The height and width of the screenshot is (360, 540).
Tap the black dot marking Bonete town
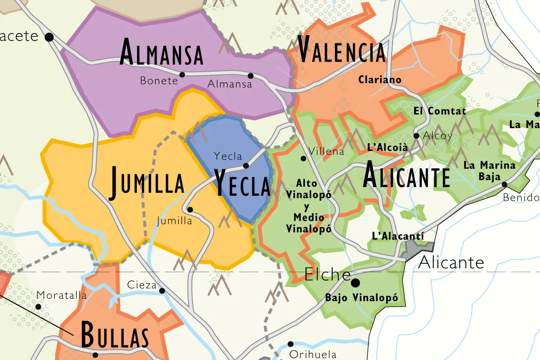(182, 74)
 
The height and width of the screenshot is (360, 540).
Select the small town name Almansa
(230, 84)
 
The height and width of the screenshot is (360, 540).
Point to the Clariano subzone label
(380, 80)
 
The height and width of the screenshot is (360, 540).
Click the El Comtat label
(440, 111)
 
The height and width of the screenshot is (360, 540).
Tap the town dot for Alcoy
(416, 136)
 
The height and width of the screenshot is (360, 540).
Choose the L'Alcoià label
(387, 147)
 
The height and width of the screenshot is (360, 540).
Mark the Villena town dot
(303, 158)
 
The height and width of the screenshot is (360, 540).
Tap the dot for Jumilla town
(190, 209)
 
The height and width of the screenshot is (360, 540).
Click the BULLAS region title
(115, 335)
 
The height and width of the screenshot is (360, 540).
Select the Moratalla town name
(61, 295)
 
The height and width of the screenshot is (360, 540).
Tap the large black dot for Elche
(355, 283)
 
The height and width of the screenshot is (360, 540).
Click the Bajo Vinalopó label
(362, 298)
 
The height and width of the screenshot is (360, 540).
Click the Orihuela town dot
(290, 344)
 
